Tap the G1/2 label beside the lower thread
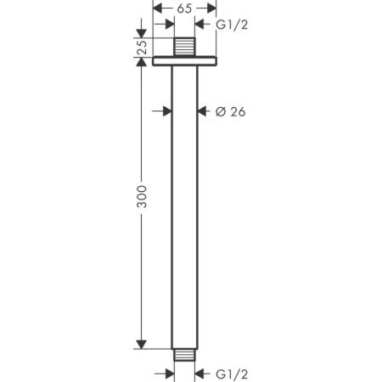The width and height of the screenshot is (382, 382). (232, 374)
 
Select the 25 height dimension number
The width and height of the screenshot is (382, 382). (141, 48)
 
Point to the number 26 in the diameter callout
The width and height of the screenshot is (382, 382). (237, 111)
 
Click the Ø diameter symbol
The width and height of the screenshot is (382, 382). (219, 111)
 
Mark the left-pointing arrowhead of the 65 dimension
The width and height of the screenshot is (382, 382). (159, 8)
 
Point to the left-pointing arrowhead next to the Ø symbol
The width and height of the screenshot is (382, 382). (202, 110)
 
